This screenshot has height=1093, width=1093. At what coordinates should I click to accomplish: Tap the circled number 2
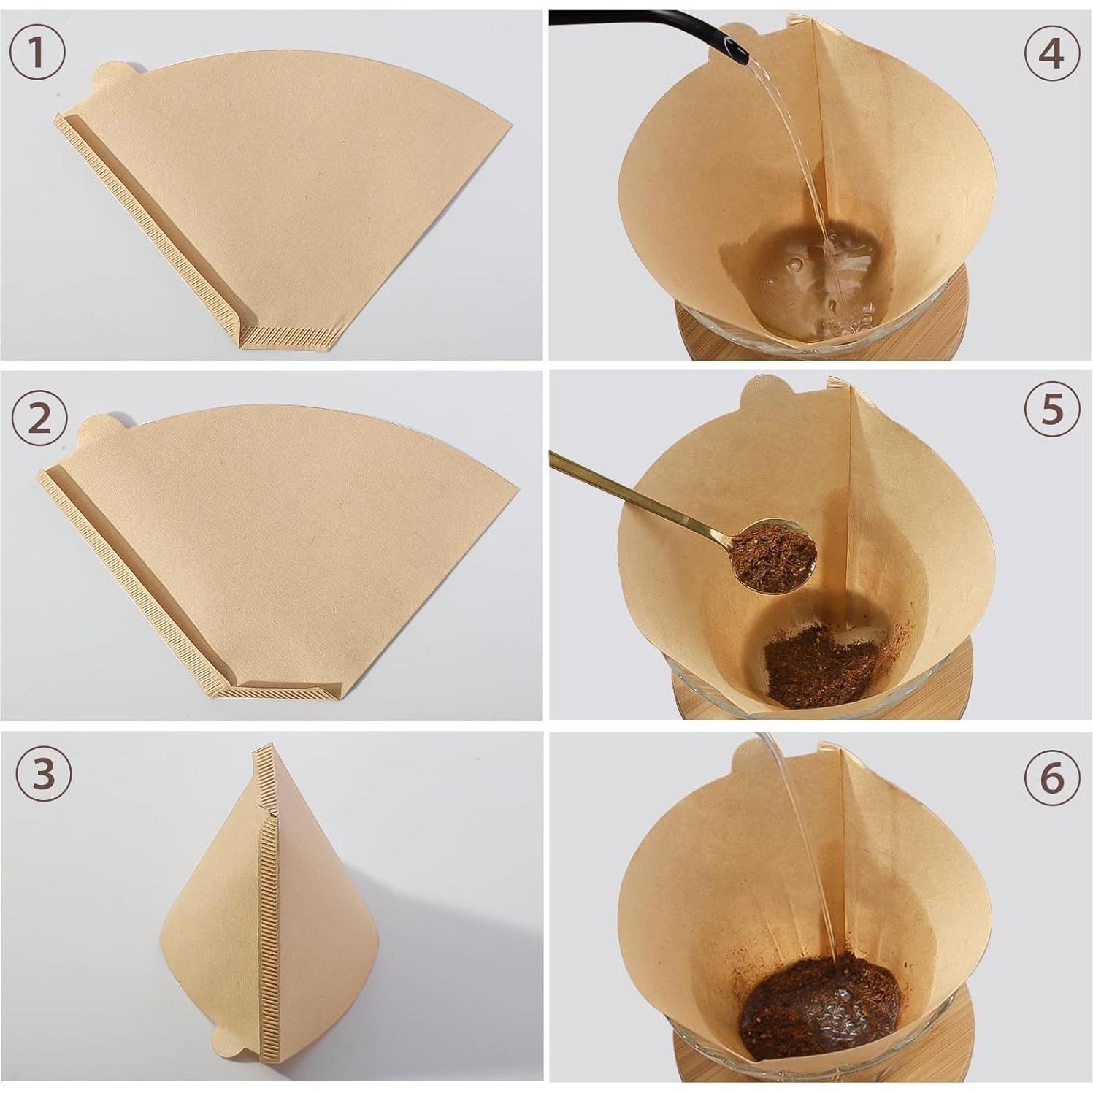coord(39,420)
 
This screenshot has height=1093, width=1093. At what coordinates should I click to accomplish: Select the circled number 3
coord(44,774)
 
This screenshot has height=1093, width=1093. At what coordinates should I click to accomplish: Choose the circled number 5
coord(1051,410)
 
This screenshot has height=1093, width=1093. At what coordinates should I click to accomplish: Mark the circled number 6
coord(1051,778)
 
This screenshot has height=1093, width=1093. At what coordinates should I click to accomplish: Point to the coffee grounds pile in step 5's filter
coord(818,668)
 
